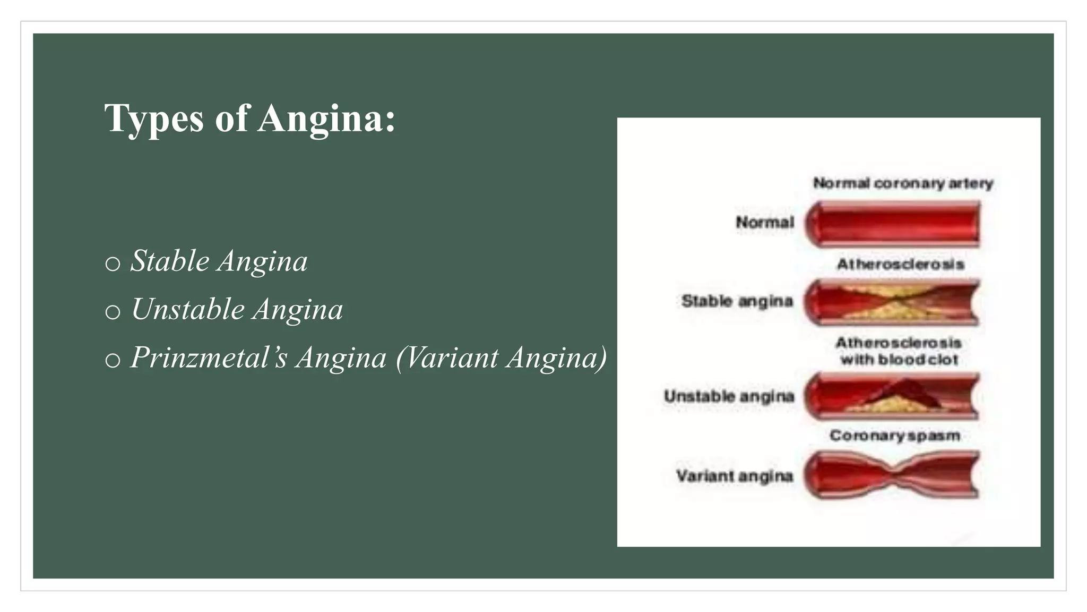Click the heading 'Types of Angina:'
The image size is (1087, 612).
(x=249, y=118)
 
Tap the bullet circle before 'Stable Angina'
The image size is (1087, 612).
(x=113, y=263)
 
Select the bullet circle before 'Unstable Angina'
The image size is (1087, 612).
(x=113, y=311)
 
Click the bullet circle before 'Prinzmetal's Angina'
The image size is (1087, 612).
(x=113, y=360)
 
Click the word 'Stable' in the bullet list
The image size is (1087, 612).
(x=170, y=261)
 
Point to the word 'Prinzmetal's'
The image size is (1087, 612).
(x=209, y=358)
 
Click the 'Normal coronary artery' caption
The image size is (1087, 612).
(x=903, y=183)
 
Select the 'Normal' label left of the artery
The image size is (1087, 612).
(x=765, y=222)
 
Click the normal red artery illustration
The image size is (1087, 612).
(x=892, y=224)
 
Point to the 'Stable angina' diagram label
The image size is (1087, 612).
(x=737, y=301)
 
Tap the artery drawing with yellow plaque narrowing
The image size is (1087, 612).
(x=892, y=302)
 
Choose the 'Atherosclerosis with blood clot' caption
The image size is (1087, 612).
(x=899, y=351)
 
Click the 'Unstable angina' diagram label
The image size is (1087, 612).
(x=729, y=396)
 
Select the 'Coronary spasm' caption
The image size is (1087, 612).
(x=895, y=436)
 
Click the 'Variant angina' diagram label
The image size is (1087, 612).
(x=734, y=475)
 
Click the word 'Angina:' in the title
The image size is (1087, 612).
(x=327, y=118)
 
